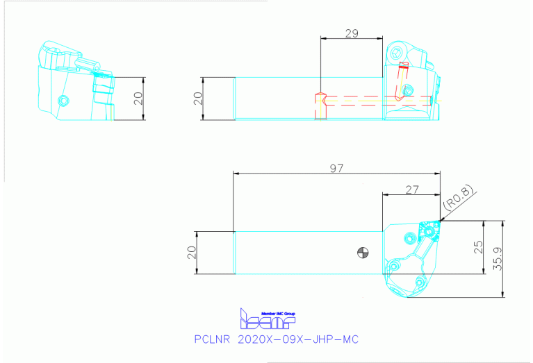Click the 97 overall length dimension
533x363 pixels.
tap(337, 168)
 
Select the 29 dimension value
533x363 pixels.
tap(352, 33)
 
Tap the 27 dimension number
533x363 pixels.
tap(411, 189)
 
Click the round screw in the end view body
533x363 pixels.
tap(64, 101)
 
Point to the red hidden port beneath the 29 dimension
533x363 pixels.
tap(320, 105)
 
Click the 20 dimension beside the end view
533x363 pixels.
tap(139, 98)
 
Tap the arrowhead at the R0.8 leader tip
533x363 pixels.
tap(440, 221)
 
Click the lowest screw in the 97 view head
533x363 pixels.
tap(420, 282)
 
